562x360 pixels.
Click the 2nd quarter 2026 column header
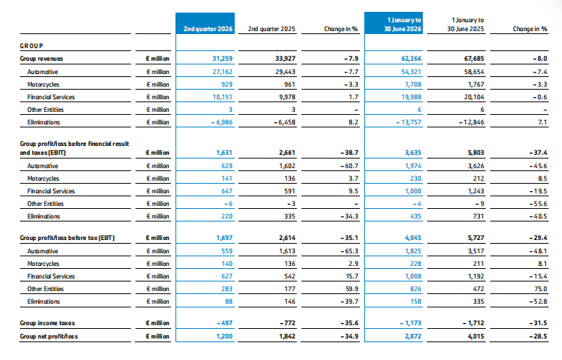pyautogui.click(x=208, y=29)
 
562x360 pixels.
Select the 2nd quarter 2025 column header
pyautogui.click(x=271, y=29)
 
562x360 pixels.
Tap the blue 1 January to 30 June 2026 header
pyautogui.click(x=403, y=24)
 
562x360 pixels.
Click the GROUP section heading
pyautogui.click(x=32, y=46)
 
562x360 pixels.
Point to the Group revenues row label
pyautogui.click(x=41, y=59)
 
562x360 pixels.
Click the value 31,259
pyautogui.click(x=222, y=59)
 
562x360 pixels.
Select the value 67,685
pyautogui.click(x=474, y=59)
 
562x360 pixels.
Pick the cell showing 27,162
pyautogui.click(x=222, y=72)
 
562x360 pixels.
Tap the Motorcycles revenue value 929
pyautogui.click(x=227, y=84)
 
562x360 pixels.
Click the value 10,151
pyautogui.click(x=222, y=97)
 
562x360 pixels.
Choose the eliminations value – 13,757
pyautogui.click(x=409, y=122)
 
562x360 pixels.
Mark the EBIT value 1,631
pyautogui.click(x=224, y=153)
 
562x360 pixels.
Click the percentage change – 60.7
pyautogui.click(x=349, y=166)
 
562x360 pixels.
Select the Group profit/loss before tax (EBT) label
pyautogui.click(x=67, y=238)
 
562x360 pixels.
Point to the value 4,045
pyautogui.click(x=413, y=238)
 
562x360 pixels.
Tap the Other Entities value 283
pyautogui.click(x=227, y=289)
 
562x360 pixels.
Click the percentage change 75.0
pyautogui.click(x=541, y=289)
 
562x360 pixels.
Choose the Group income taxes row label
pyautogui.click(x=47, y=323)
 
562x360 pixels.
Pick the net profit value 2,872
pyautogui.click(x=413, y=336)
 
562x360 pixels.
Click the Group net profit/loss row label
pyautogui.click(x=49, y=336)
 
